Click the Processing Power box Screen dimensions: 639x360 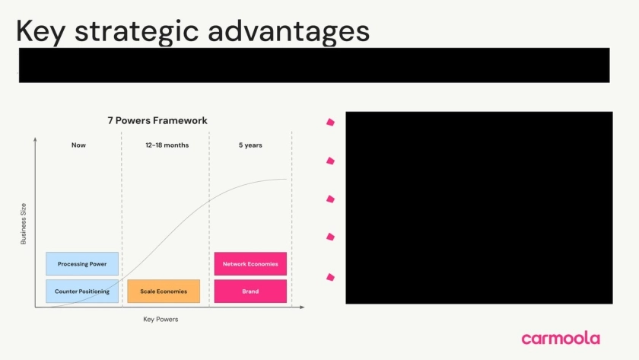click(82, 264)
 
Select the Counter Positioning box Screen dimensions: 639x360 click(82, 291)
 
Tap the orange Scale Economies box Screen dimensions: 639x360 click(164, 291)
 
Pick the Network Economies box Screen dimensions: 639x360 click(250, 264)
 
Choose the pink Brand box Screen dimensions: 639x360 click(250, 291)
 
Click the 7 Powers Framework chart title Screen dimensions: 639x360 click(157, 121)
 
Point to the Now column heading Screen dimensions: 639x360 click(78, 145)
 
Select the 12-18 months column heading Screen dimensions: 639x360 click(167, 145)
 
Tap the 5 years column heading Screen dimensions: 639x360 click(250, 145)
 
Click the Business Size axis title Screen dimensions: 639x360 click(24, 224)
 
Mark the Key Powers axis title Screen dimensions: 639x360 click(161, 319)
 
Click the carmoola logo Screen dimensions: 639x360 click(561, 338)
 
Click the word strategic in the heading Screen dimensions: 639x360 click(136, 31)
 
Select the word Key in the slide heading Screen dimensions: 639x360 click(40, 31)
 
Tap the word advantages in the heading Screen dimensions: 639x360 click(289, 31)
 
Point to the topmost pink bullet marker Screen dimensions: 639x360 click(330, 122)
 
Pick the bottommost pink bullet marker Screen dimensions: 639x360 click(330, 277)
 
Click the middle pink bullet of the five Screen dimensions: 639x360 click(330, 199)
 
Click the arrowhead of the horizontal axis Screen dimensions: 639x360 click(302, 307)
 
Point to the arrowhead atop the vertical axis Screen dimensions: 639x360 click(35, 140)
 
